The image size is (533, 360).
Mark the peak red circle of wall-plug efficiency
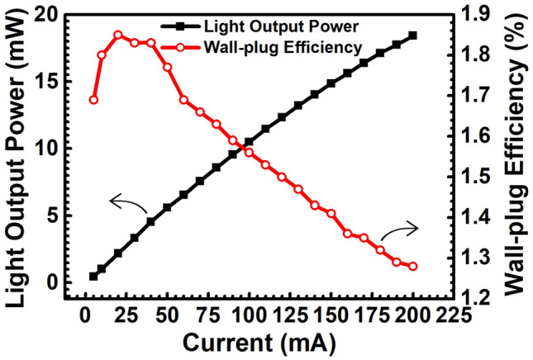(117, 35)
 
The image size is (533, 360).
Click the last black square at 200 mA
(413, 36)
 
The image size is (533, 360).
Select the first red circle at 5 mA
(93, 100)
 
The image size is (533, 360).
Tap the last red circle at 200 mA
(413, 266)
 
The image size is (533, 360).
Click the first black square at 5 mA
(93, 276)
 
